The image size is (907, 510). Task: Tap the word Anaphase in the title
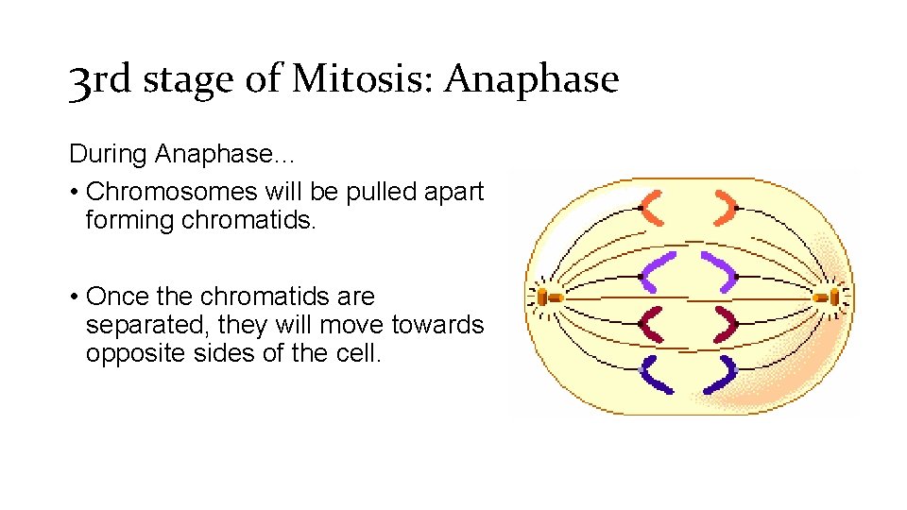[531, 79]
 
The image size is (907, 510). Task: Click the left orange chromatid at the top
[653, 210]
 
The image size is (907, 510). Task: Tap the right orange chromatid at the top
[726, 210]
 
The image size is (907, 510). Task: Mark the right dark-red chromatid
[726, 324]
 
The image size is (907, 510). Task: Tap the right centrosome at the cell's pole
[829, 297]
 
